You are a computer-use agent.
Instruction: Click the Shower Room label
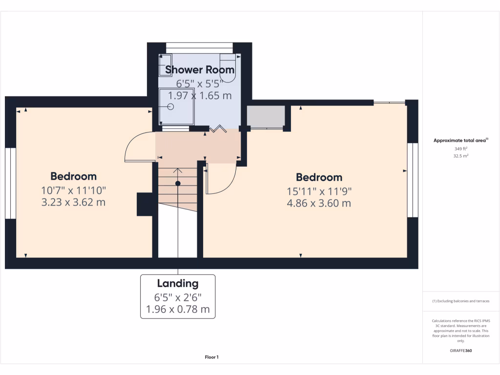point(200,70)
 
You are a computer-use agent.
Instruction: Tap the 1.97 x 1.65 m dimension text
point(200,96)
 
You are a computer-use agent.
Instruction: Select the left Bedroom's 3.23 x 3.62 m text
point(73,202)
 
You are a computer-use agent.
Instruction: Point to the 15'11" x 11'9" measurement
point(319,191)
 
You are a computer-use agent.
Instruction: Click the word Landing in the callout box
point(178,283)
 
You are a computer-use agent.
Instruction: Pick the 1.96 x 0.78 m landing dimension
point(178,309)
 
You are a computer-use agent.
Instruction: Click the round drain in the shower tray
point(171,106)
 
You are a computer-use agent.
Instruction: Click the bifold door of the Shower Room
point(218,129)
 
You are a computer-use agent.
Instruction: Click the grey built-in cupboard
point(266,116)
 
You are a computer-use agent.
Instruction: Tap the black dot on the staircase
point(178,183)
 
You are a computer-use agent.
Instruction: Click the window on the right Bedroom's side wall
point(413,180)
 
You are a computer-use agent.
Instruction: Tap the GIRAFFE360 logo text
point(461,351)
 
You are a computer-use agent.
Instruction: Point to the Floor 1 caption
point(211,357)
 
